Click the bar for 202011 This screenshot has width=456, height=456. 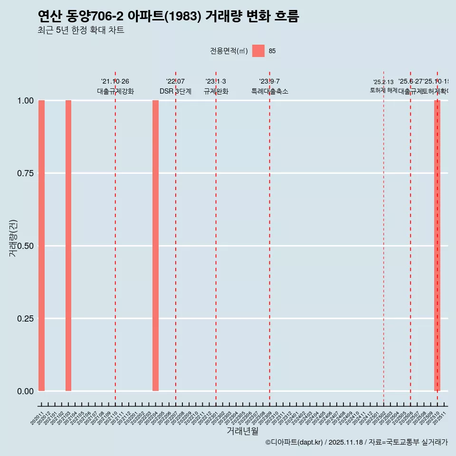tap(41, 246)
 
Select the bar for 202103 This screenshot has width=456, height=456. tap(68, 246)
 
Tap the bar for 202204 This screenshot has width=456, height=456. tap(155, 246)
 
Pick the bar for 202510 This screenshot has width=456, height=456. tap(437, 246)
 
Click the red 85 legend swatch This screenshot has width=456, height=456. tap(258, 51)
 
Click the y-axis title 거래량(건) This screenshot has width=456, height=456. tap(13, 238)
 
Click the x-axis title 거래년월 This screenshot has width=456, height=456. tap(242, 431)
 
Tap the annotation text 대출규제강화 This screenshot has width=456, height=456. tap(115, 91)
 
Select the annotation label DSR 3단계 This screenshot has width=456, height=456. tap(175, 91)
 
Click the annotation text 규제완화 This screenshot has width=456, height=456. tap(216, 91)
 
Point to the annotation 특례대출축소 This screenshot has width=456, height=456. tap(270, 91)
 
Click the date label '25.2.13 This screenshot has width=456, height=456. tap(383, 82)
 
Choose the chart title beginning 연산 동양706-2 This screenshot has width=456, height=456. tap(168, 17)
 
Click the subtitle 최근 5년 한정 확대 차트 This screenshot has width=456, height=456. tap(81, 30)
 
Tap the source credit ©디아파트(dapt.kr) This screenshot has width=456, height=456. tap(294, 442)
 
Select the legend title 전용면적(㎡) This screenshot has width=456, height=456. tap(229, 51)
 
